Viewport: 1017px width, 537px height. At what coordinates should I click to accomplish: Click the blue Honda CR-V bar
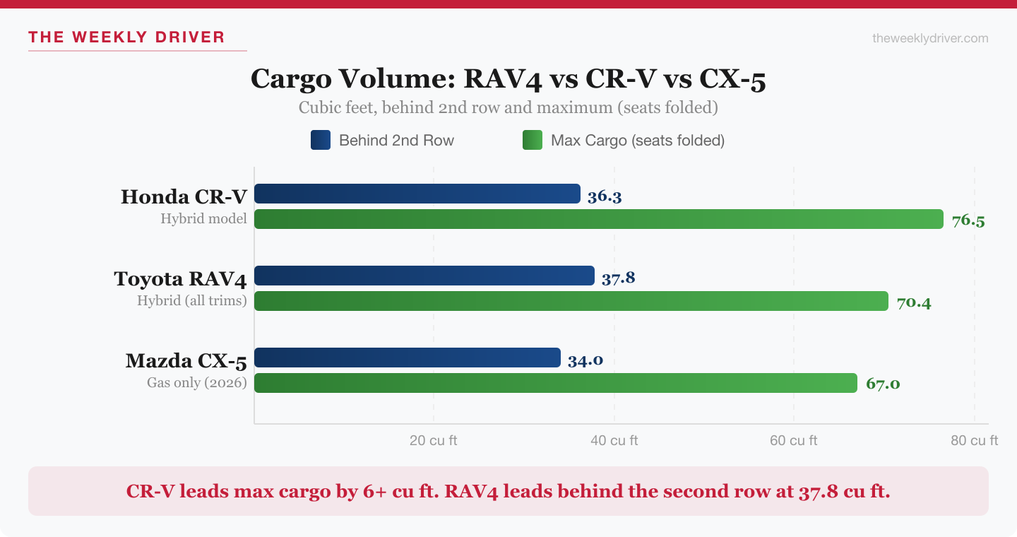[x=417, y=194]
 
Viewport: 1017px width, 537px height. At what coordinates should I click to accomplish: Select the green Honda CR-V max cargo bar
[x=598, y=219]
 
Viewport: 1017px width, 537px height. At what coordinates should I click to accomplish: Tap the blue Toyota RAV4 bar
[x=424, y=276]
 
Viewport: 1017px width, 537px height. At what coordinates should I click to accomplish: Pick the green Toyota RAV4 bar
[x=571, y=301]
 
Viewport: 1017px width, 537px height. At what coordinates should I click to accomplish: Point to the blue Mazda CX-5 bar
[x=407, y=358]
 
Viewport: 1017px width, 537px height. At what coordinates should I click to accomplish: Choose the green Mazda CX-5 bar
[x=555, y=383]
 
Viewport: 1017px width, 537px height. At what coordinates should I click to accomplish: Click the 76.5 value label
[x=968, y=220]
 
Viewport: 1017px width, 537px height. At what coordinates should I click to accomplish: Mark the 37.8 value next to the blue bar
[x=618, y=278]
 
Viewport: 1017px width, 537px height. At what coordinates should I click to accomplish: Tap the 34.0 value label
[x=585, y=360]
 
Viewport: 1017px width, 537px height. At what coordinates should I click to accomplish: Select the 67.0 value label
[x=882, y=384]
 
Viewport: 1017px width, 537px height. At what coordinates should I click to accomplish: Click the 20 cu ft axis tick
[x=433, y=441]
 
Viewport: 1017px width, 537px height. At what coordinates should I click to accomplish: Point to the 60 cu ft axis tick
[x=793, y=441]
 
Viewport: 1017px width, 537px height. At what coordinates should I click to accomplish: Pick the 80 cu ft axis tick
[x=974, y=441]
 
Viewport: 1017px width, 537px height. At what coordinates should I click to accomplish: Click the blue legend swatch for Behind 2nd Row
[x=320, y=140]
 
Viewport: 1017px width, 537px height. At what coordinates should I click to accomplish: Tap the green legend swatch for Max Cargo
[x=532, y=140]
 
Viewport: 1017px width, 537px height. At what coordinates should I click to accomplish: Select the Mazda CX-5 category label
[x=186, y=361]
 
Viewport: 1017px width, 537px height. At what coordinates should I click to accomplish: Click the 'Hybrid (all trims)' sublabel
[x=191, y=300]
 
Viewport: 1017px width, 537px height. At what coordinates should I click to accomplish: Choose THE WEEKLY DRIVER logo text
[x=126, y=37]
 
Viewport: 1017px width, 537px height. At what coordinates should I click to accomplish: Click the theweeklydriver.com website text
[x=930, y=38]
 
